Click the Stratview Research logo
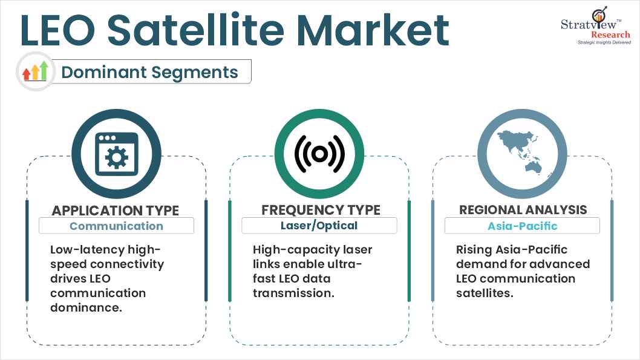click(596, 25)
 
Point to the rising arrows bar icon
click(36, 71)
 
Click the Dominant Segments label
click(149, 72)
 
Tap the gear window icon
click(116, 154)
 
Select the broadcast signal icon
click(319, 154)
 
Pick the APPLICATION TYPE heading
click(116, 210)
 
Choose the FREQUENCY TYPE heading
click(321, 210)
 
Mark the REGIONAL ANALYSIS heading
click(523, 210)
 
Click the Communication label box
click(116, 226)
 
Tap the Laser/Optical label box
click(319, 226)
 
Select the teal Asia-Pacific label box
click(522, 226)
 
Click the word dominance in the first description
click(86, 307)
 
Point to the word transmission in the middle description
click(293, 293)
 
